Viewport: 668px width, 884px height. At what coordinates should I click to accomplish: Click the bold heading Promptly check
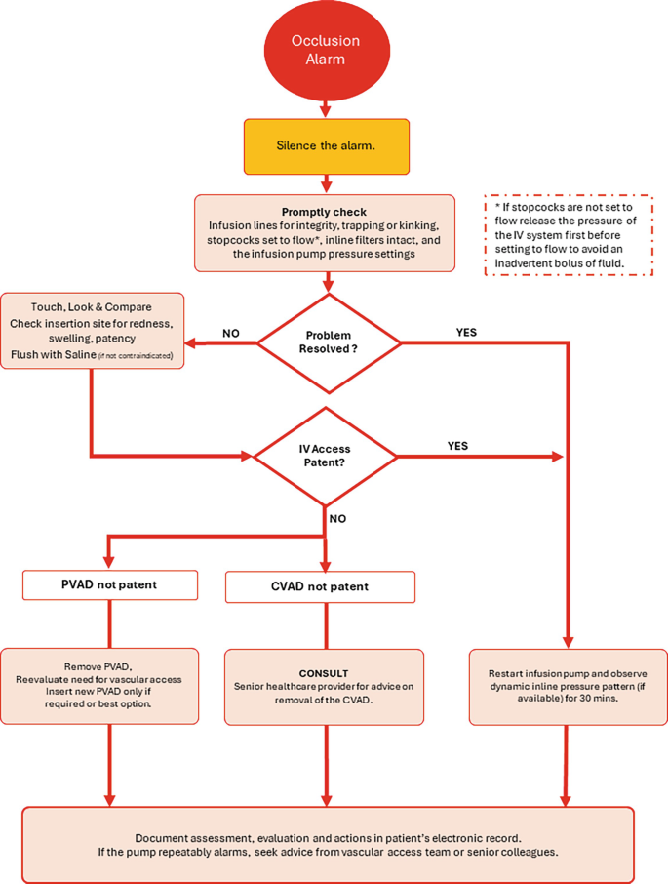click(325, 212)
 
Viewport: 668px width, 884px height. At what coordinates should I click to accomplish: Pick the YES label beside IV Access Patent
click(457, 445)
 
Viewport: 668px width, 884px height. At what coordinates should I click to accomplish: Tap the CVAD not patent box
click(320, 586)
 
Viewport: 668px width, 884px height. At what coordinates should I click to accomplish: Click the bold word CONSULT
click(325, 673)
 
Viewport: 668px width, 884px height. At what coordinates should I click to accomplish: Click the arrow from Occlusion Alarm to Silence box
click(326, 106)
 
